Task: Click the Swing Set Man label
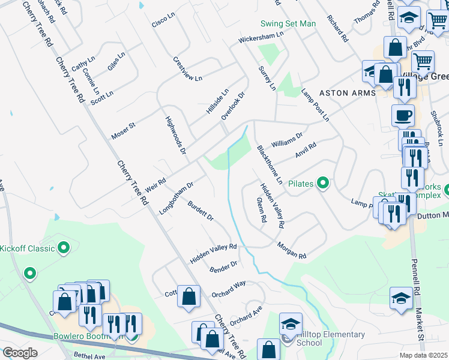point(288,24)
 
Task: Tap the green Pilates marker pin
point(324,183)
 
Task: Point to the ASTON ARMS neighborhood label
point(347,93)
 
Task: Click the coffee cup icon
point(403,115)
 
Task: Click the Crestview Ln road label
point(187,69)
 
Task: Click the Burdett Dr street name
point(200,211)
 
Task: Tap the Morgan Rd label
point(292,250)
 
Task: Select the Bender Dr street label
point(223,266)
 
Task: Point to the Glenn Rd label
point(261,210)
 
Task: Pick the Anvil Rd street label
point(305,150)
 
